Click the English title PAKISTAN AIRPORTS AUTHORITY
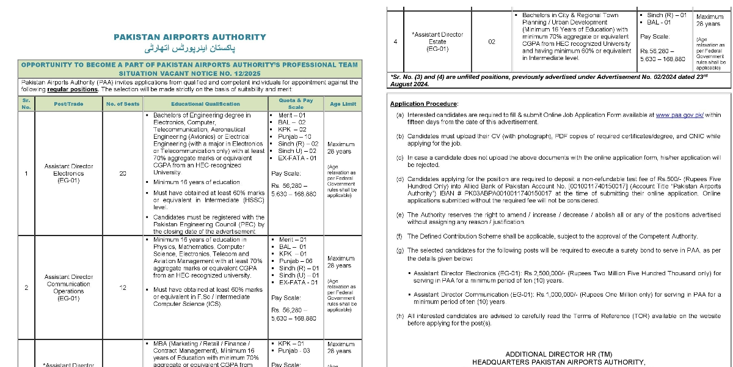(x=190, y=37)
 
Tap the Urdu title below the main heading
(x=190, y=48)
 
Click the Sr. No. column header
(x=26, y=104)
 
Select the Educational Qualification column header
(x=205, y=104)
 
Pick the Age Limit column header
(x=343, y=104)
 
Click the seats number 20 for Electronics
(x=123, y=173)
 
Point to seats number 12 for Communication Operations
(x=123, y=287)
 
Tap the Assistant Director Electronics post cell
(x=64, y=173)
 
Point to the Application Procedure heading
(x=424, y=104)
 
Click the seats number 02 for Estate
(x=492, y=42)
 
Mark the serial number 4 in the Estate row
(x=396, y=42)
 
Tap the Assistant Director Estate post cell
(x=437, y=42)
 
